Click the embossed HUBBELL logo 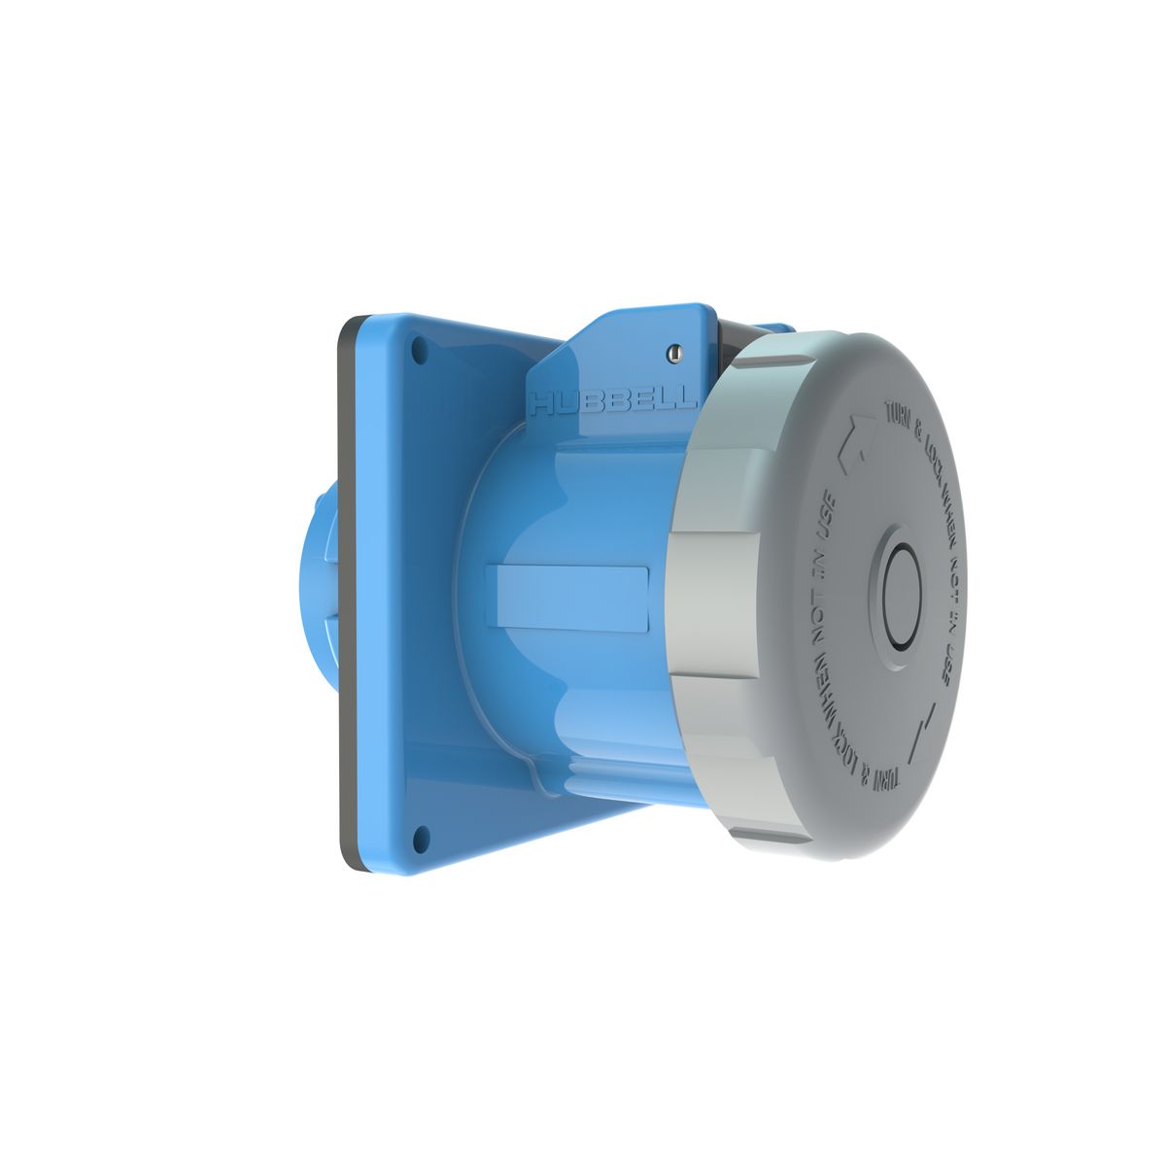(611, 399)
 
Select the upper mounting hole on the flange (420, 349)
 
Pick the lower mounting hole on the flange (420, 833)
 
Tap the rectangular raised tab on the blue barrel (573, 598)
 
